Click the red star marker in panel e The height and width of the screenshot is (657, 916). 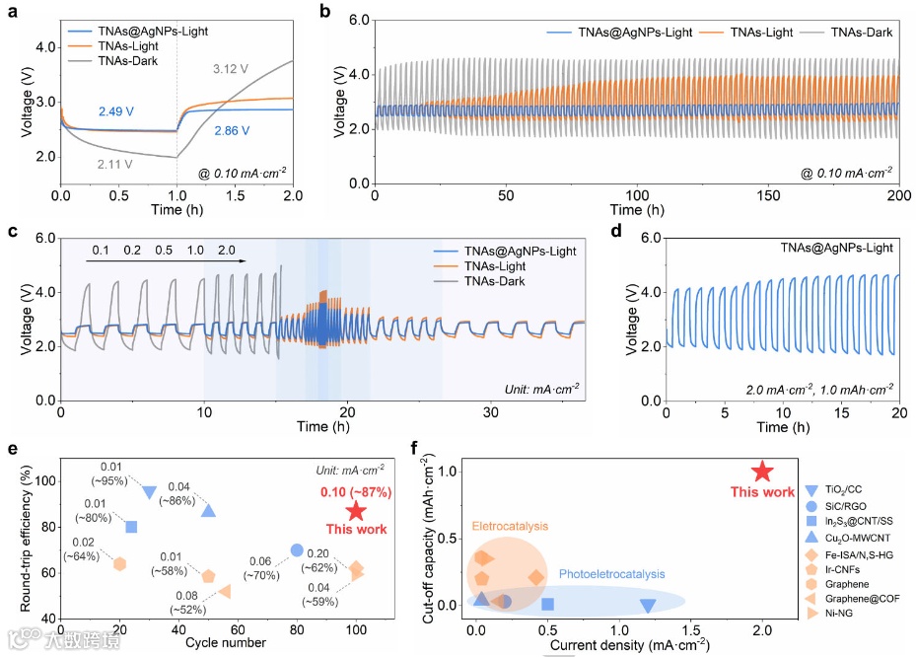tap(356, 511)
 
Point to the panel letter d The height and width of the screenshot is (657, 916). tap(615, 233)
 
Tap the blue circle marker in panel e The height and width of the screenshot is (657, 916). tap(297, 549)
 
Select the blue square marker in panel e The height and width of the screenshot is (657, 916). tap(131, 527)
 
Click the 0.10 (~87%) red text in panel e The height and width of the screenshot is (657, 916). tap(356, 491)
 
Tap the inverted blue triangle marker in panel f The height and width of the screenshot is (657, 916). tap(648, 606)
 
